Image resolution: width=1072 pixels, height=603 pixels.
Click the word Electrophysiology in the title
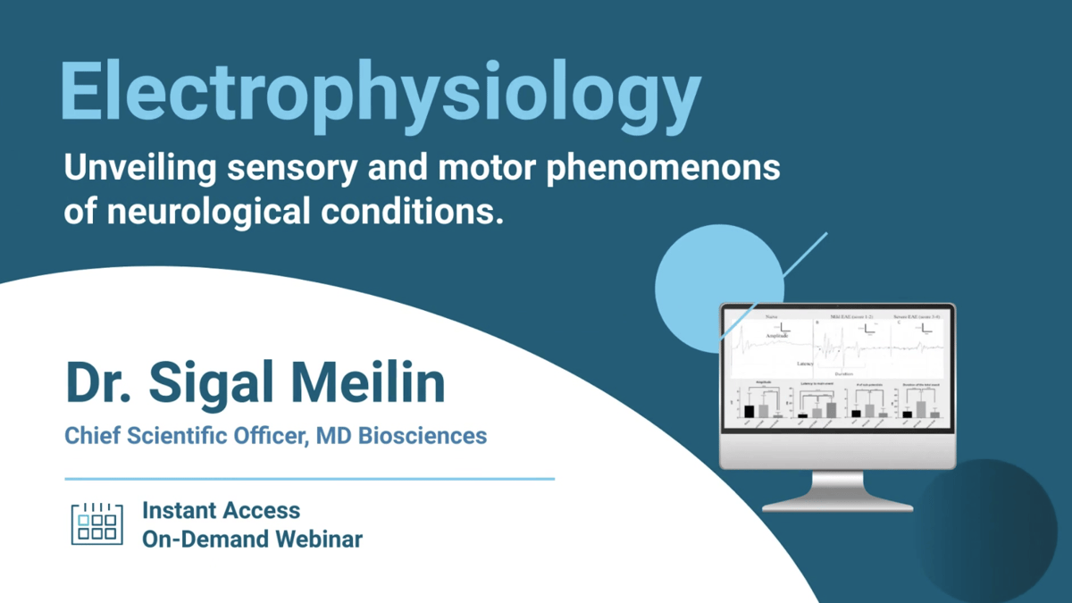pos(380,91)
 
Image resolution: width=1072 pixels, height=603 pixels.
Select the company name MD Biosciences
pos(402,436)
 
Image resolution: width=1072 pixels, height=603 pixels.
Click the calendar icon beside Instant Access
pos(96,523)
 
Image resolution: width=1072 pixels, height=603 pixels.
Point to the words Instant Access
pos(221,510)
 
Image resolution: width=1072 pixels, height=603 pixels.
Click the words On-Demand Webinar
pos(252,539)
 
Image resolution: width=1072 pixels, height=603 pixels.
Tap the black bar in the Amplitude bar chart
pos(749,412)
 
